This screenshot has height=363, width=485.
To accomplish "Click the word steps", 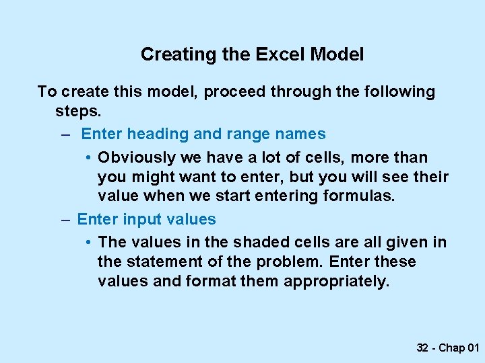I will (76, 111).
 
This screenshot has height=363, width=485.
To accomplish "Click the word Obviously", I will (135, 158).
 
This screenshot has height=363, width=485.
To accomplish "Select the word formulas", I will (360, 196).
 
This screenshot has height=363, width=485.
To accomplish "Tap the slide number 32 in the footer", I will (423, 348).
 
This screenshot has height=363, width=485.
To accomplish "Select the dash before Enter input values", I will (65, 220).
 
